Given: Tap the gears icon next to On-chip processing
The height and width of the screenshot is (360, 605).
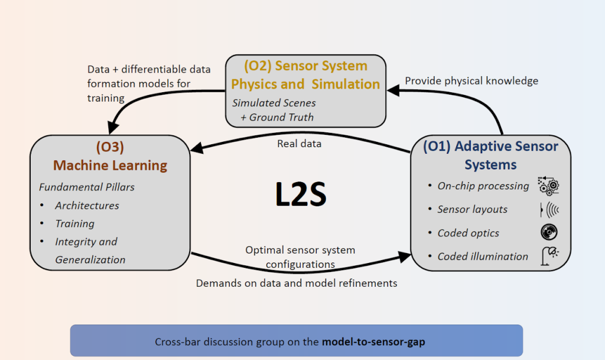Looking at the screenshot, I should [548, 186].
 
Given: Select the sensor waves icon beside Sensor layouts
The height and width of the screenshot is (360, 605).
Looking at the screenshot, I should [550, 209].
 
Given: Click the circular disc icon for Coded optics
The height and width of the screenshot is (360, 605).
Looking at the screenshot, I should [549, 232].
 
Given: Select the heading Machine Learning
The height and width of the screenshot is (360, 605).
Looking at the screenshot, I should [110, 166].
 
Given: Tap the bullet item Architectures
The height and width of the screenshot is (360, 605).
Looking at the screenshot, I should [87, 206].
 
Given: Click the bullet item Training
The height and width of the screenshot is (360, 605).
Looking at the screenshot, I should [74, 223].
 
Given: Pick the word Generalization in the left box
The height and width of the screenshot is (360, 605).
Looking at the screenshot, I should [90, 260].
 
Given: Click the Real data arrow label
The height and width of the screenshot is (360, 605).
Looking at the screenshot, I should [299, 144].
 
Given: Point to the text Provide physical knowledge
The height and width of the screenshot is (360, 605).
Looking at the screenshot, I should [471, 81].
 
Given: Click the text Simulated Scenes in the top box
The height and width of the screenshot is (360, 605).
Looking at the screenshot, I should [274, 103].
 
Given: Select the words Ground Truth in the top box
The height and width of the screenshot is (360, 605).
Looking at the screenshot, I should [281, 117].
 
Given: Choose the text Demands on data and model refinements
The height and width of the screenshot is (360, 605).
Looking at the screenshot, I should [297, 283].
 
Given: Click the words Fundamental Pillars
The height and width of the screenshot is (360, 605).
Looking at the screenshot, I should [87, 187].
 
